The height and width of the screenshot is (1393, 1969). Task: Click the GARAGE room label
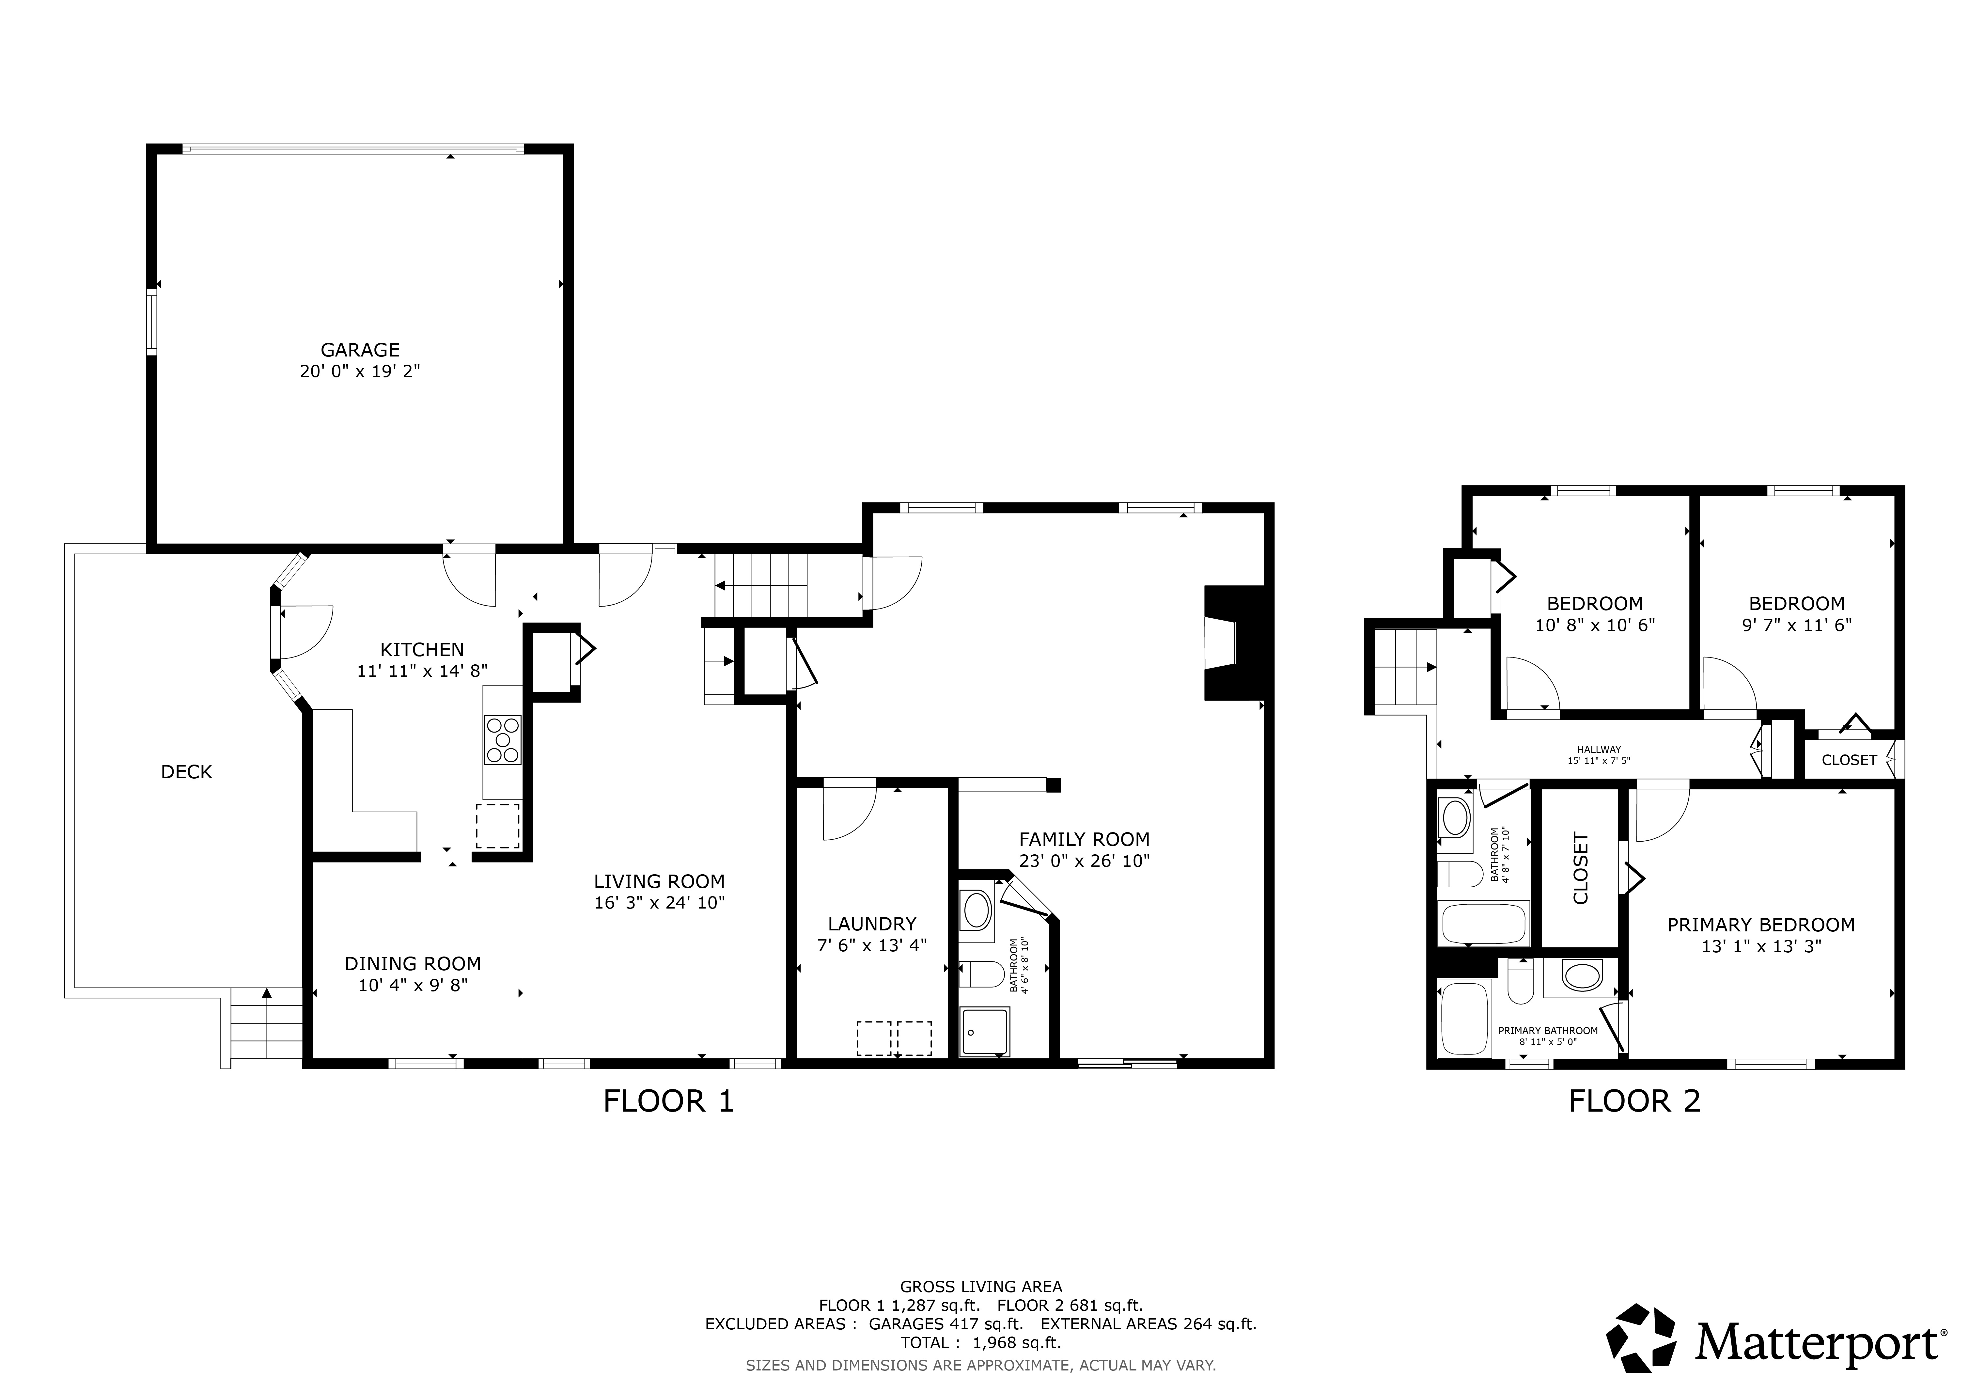tap(360, 350)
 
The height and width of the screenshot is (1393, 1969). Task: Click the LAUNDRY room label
tap(872, 924)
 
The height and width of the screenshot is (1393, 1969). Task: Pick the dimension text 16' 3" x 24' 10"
tap(660, 902)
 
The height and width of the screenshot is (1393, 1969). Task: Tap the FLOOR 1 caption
tap(669, 1101)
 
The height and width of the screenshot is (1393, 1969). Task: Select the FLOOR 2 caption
tap(1634, 1101)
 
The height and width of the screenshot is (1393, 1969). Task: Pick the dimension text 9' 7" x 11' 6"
tap(1797, 625)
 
